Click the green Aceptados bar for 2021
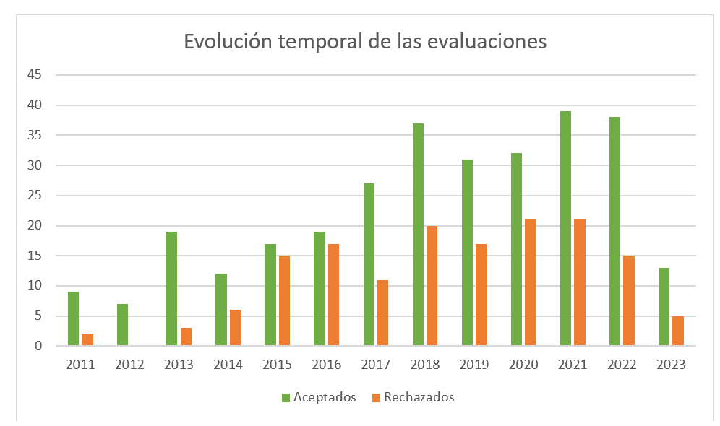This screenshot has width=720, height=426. [565, 228]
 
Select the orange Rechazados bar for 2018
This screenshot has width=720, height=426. [432, 286]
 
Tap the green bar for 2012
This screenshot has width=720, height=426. [122, 325]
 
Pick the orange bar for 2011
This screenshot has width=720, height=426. [87, 340]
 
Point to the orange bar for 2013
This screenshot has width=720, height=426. [186, 337]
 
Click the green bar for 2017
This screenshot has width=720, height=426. [369, 264]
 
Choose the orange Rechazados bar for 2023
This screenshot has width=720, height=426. [678, 331]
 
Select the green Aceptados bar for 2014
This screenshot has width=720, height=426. [220, 310]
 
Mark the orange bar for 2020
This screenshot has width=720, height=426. [530, 283]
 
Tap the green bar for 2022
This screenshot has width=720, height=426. [614, 231]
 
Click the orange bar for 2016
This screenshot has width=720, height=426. [333, 295]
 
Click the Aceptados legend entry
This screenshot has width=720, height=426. [319, 397]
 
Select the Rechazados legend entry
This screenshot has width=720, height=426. [413, 397]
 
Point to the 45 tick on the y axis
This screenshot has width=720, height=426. [34, 75]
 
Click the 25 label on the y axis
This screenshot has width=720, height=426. [34, 196]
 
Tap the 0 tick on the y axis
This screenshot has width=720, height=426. [38, 346]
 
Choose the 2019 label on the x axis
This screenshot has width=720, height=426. [473, 365]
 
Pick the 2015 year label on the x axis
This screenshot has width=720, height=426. [277, 365]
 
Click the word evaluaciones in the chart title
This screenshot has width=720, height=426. [487, 41]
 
